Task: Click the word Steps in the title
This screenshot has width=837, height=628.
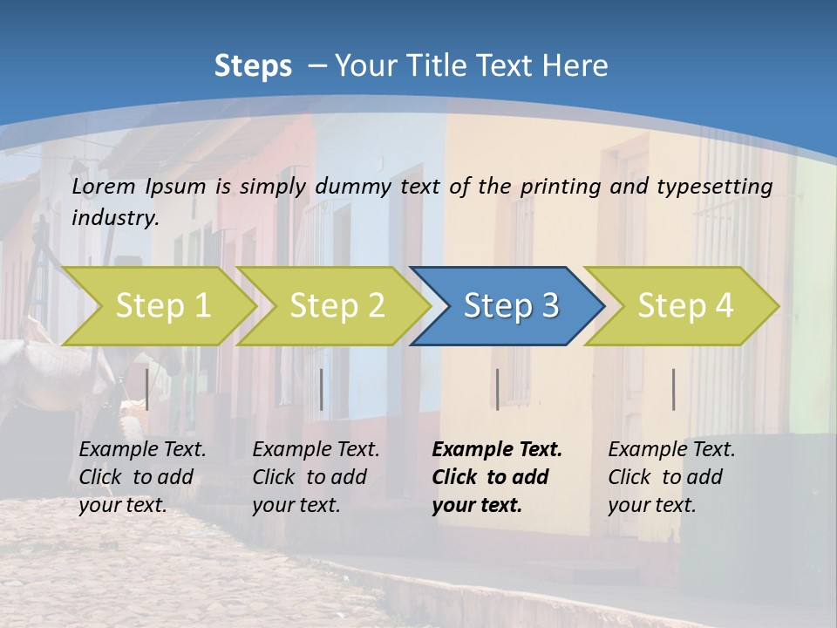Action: point(253,66)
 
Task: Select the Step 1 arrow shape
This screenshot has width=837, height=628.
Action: point(161,306)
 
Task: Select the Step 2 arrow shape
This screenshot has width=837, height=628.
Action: point(336,306)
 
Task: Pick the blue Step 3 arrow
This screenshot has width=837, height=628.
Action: point(510,306)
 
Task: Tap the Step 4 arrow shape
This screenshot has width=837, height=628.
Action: point(684,306)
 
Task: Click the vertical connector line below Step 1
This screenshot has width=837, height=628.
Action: point(147,389)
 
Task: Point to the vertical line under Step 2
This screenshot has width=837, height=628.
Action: point(322,389)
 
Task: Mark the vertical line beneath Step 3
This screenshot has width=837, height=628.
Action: point(497,389)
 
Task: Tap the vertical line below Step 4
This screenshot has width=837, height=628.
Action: point(673,389)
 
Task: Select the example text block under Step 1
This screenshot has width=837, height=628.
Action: point(142,477)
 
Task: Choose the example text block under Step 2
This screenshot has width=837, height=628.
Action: point(316,477)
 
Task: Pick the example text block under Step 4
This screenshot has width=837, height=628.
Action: point(671,477)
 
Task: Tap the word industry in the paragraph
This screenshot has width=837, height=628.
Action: point(114,218)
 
